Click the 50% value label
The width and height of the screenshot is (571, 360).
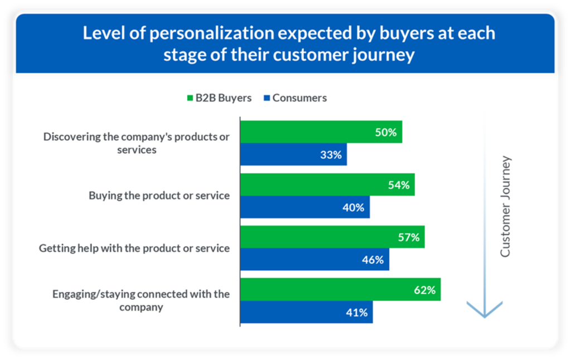385,133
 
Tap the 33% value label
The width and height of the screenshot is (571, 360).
331,155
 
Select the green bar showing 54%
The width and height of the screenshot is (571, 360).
327,184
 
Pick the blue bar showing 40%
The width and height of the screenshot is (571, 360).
304,207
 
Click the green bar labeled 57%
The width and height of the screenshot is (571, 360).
332,237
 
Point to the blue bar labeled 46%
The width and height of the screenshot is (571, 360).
314,260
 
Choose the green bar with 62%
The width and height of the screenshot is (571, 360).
340,289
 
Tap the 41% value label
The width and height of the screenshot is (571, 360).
356,313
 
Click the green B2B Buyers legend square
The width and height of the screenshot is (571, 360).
190,98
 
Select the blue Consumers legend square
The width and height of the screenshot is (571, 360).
267,98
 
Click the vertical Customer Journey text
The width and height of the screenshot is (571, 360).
505,207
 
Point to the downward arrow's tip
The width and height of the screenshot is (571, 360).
485,316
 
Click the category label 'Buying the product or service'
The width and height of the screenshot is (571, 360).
159,196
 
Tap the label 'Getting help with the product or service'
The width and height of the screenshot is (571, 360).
134,248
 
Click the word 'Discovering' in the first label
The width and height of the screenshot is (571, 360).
71,137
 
